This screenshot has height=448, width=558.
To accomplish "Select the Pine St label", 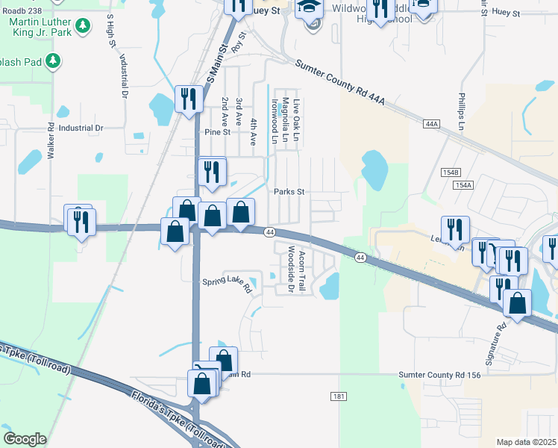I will click(x=217, y=131).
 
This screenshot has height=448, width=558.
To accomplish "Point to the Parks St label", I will click(x=290, y=191).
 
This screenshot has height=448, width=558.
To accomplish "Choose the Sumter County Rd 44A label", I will click(x=339, y=87).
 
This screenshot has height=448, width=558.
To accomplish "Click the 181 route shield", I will click(x=339, y=396).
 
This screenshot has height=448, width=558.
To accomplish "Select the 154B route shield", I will click(x=451, y=172).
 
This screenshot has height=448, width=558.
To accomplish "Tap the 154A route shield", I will click(x=463, y=184).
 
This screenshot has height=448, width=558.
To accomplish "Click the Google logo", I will click(x=25, y=439).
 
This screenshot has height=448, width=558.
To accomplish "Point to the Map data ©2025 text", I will click(x=527, y=442).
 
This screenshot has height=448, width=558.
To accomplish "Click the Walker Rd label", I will click(x=51, y=141).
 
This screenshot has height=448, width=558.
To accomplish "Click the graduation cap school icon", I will click(x=307, y=9).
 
